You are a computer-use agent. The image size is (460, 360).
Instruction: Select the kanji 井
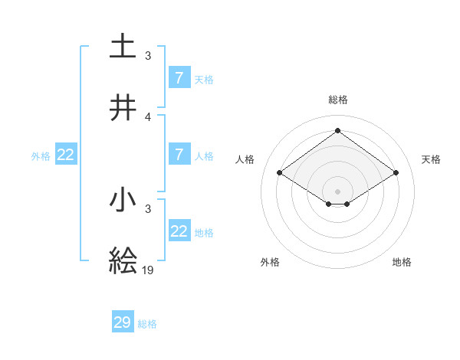(123, 108)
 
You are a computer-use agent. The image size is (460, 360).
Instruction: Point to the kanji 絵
(123, 260)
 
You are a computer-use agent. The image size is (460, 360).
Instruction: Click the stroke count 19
(149, 270)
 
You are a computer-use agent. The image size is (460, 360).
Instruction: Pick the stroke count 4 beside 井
(148, 116)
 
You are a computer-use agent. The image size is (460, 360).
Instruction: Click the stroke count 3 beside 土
(148, 56)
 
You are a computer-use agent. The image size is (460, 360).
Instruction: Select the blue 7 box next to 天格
(179, 77)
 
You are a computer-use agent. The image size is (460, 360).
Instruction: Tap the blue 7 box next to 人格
(179, 155)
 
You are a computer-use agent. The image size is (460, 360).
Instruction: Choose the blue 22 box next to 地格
(179, 231)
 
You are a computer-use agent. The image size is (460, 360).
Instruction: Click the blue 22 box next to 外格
(66, 155)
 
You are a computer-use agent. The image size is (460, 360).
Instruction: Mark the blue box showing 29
(123, 322)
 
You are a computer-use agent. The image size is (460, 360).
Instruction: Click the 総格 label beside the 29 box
(147, 324)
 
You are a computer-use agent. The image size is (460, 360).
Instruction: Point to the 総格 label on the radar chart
(337, 100)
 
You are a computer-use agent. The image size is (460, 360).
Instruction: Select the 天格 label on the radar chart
(431, 159)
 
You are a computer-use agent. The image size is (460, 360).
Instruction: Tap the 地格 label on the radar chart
(402, 262)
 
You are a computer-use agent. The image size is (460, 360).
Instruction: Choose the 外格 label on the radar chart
(270, 262)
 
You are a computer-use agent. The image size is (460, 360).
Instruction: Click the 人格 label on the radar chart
(245, 159)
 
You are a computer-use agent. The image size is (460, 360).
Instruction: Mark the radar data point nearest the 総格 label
(337, 130)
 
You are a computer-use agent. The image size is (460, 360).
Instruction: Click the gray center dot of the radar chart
(337, 191)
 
